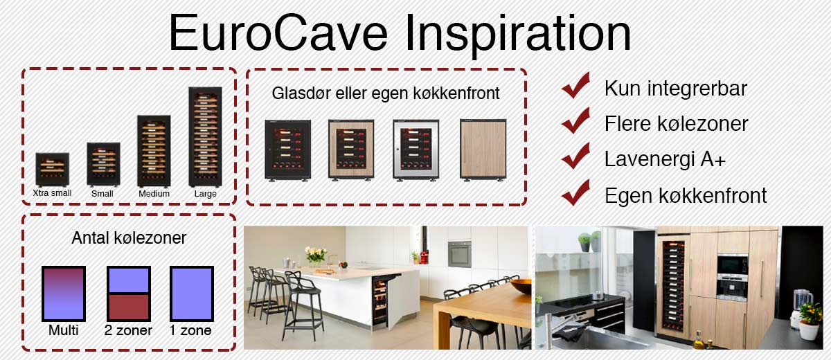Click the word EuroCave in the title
click(278, 33)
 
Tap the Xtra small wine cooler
click(53, 170)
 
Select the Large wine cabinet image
click(205, 137)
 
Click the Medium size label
click(154, 194)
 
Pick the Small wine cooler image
click(103, 164)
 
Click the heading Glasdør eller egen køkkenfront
click(386, 93)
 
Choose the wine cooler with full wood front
click(483, 150)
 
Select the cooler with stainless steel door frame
click(416, 150)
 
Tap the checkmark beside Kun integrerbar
click(575, 85)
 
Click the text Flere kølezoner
click(677, 123)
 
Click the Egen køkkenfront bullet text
click(686, 195)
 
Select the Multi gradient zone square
click(64, 294)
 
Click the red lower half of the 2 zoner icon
click(129, 307)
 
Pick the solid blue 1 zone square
click(192, 294)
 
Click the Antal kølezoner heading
click(129, 238)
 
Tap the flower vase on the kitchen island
click(316, 257)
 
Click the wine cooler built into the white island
click(382, 301)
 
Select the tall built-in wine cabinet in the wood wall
click(673, 285)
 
